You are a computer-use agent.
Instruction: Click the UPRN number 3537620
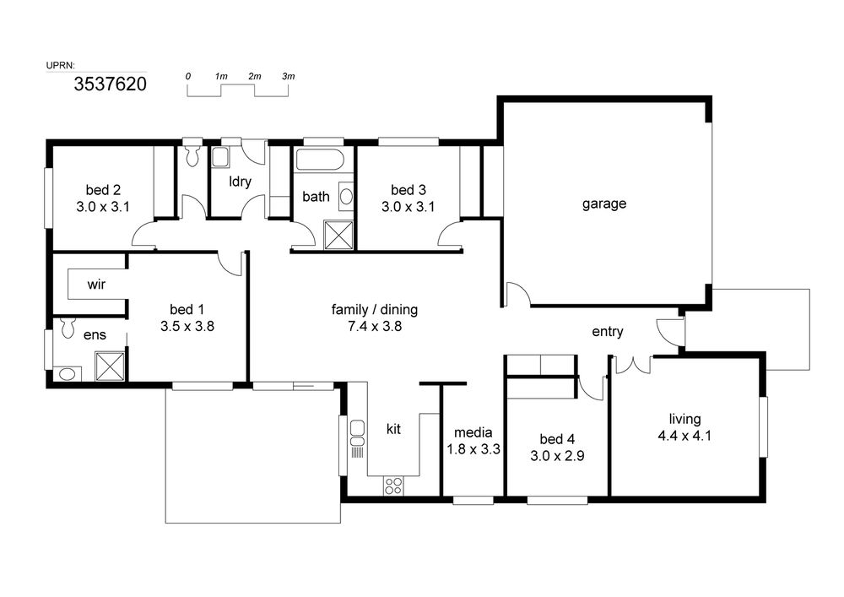(111, 84)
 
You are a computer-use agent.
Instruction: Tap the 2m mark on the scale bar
(255, 77)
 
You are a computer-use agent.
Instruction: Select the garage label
(604, 204)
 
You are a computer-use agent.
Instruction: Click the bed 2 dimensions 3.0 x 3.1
(103, 207)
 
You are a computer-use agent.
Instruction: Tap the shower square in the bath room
(339, 236)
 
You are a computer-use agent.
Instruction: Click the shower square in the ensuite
(110, 366)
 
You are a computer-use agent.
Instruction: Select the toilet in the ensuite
(68, 328)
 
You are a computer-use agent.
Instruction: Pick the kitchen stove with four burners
(393, 486)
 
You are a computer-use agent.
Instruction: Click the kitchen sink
(357, 433)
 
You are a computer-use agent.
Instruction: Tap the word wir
(96, 285)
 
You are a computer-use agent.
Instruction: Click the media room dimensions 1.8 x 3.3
(473, 449)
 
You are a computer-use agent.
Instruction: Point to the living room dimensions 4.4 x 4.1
(684, 436)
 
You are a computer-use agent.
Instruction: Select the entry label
(607, 332)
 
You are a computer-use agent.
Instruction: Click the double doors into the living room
(634, 365)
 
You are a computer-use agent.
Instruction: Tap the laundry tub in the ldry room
(219, 157)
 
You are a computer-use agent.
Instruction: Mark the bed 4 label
(557, 439)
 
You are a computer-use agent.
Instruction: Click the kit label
(393, 429)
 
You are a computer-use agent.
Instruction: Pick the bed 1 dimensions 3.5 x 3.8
(187, 326)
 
